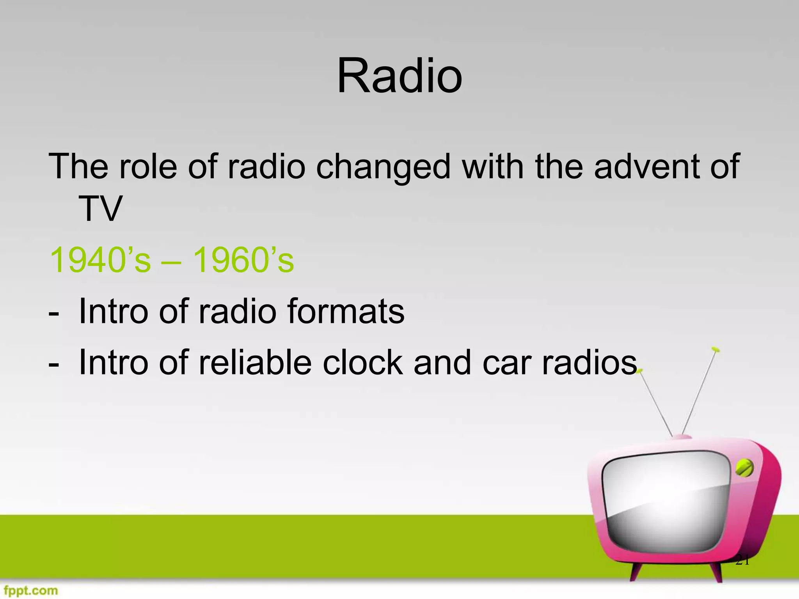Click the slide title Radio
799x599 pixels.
399,76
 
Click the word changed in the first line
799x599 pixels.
383,167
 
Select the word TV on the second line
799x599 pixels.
100,209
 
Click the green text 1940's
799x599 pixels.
100,260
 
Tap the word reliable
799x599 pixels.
255,363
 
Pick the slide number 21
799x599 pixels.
742,561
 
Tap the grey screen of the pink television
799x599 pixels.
665,503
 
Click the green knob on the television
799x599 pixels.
744,468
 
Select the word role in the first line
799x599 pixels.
148,167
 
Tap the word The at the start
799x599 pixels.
78,167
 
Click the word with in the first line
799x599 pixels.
493,167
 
